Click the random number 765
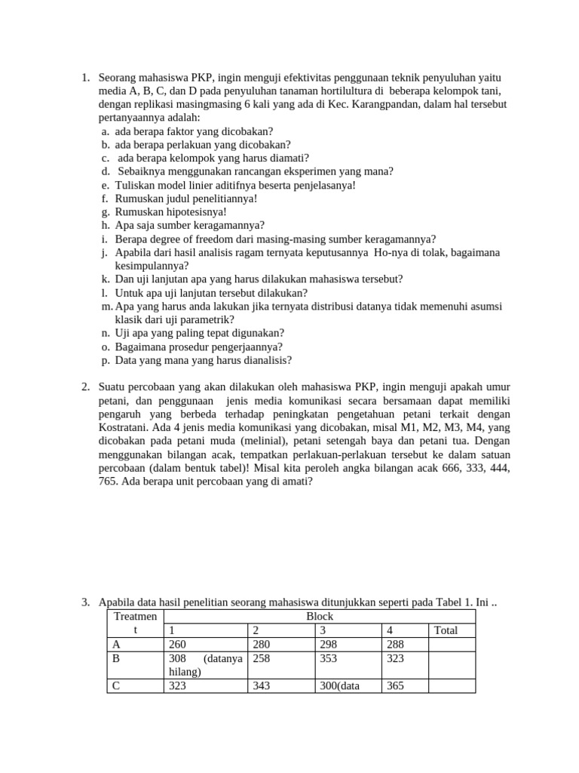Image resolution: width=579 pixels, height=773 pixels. [x=110, y=482]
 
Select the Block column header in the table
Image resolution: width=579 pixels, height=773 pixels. [x=319, y=616]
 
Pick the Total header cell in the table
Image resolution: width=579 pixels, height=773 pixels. [x=446, y=630]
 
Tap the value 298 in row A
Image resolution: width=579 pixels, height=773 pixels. [x=329, y=645]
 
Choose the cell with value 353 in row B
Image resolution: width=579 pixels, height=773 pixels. [x=329, y=658]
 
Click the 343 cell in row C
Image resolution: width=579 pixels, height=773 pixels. [x=262, y=686]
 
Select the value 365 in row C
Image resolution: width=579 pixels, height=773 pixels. [x=396, y=686]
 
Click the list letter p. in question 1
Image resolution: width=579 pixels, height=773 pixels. [x=106, y=360]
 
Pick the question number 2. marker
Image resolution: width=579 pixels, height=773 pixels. [x=85, y=387]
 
